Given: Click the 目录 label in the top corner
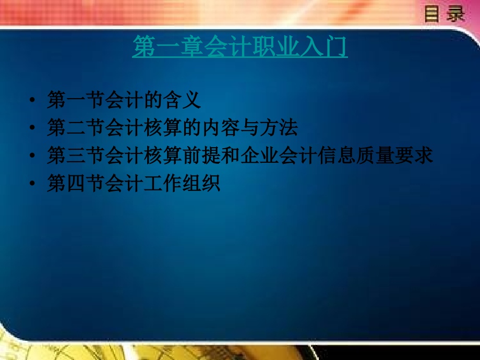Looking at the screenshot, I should coord(444,14).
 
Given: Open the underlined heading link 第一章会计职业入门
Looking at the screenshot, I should coord(239,47).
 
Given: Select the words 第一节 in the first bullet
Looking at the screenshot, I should coord(76,100).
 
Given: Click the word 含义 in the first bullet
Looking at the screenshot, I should coord(182,100).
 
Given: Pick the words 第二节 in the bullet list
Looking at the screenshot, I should coord(76,127).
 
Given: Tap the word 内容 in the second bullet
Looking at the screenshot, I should coord(220,127).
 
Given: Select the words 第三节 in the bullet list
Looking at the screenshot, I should coord(76,155).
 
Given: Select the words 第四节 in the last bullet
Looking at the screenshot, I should coord(76,184).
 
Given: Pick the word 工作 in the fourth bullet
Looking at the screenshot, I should coord(162,184).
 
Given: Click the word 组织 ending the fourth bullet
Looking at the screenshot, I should coord(201,184).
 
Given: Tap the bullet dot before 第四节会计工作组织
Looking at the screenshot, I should coord(33,184).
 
